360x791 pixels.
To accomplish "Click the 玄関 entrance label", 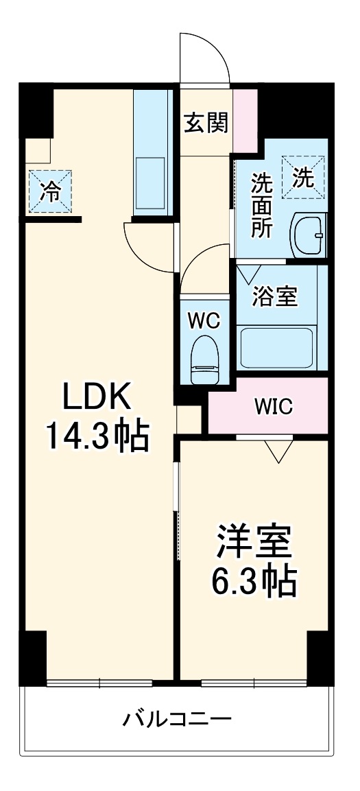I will click(205, 125).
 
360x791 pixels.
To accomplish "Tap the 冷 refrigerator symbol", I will click(49, 191).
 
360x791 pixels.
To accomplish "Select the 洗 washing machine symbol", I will click(304, 179).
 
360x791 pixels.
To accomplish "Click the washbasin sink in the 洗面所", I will click(309, 235).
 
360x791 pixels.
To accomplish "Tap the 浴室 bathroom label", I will click(275, 296).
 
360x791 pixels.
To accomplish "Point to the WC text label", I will click(204, 320).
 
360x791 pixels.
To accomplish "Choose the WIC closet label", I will click(274, 407).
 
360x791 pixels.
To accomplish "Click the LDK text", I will click(97, 397).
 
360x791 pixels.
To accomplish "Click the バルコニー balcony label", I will click(178, 720).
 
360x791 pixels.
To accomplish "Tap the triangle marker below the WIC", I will click(279, 451).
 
